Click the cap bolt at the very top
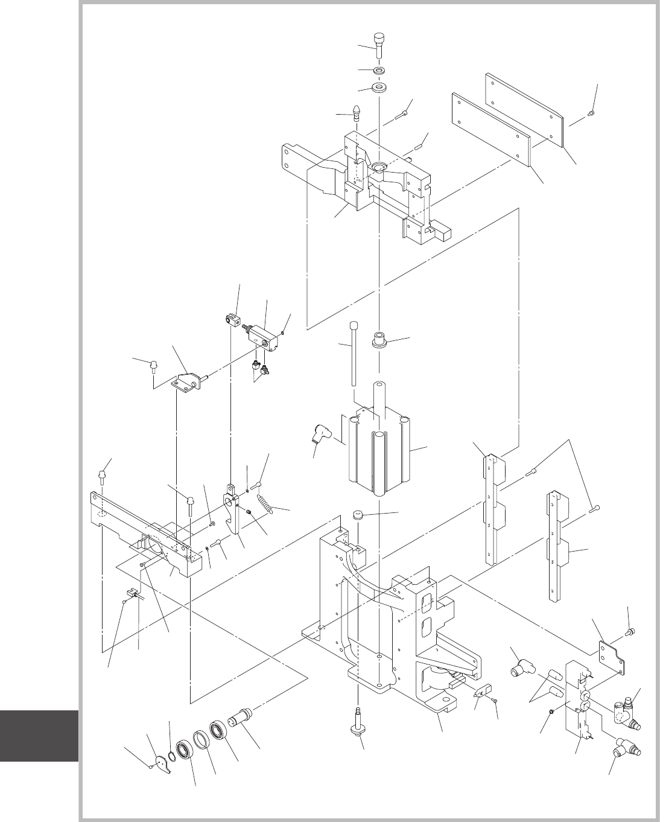tap(379, 45)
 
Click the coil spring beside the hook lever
tap(265, 502)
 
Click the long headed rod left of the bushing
tap(351, 356)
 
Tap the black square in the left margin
tap(39, 736)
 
